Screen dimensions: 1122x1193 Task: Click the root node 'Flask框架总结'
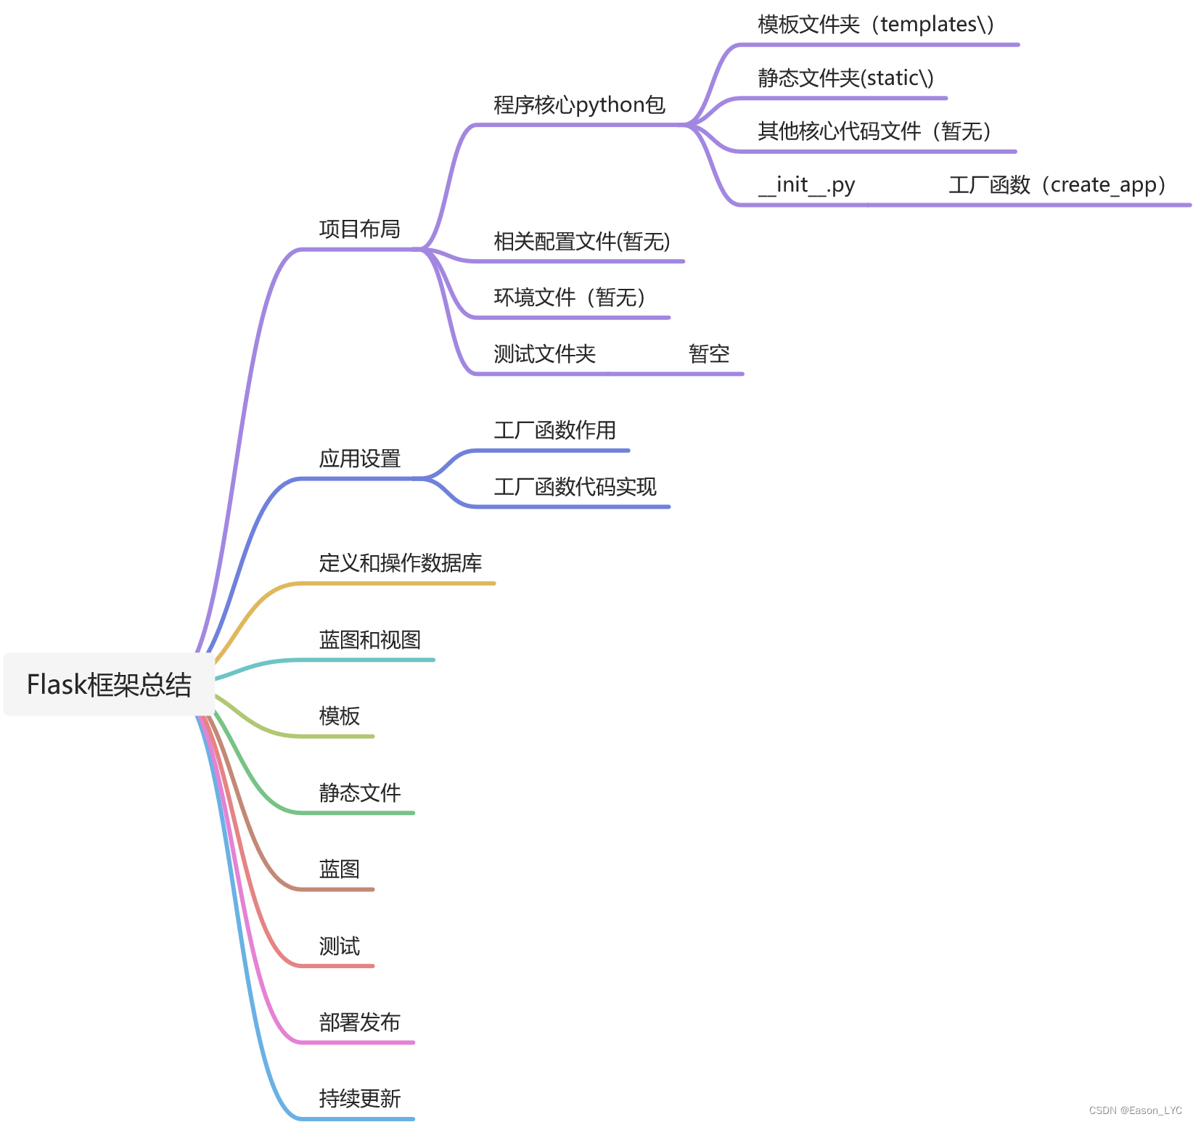coord(109,684)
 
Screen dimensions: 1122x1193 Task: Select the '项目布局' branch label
coord(359,229)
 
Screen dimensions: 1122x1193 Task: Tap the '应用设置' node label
coord(359,459)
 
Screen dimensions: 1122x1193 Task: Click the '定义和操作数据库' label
coord(400,563)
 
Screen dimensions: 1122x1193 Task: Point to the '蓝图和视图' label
coord(369,640)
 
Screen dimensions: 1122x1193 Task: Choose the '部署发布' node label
coord(359,1023)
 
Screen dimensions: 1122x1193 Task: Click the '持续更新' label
coord(359,1099)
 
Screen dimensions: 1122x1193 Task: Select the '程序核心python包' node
coord(579,105)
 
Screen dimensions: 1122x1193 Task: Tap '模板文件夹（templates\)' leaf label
coord(875,25)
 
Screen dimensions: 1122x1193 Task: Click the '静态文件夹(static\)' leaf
coord(845,78)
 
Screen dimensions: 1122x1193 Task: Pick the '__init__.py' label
coord(806,185)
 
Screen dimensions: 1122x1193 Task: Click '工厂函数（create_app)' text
coord(1057,185)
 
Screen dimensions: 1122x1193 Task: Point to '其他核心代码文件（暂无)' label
coord(874,131)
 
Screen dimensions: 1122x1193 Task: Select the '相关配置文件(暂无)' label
coord(581,242)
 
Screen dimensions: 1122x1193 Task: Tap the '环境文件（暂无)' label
coord(570,298)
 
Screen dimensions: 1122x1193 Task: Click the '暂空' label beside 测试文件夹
coord(709,354)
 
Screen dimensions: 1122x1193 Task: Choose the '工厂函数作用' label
coord(554,430)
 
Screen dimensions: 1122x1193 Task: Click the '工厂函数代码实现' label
coord(575,487)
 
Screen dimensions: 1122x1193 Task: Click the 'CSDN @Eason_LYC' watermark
coord(1135,1110)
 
